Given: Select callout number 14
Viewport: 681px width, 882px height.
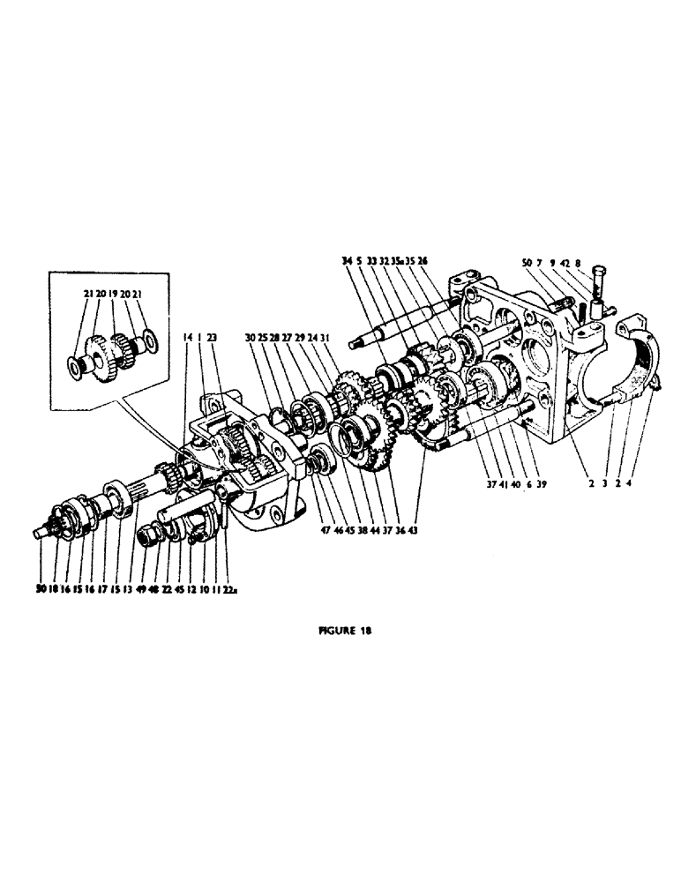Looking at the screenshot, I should coord(187,336).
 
